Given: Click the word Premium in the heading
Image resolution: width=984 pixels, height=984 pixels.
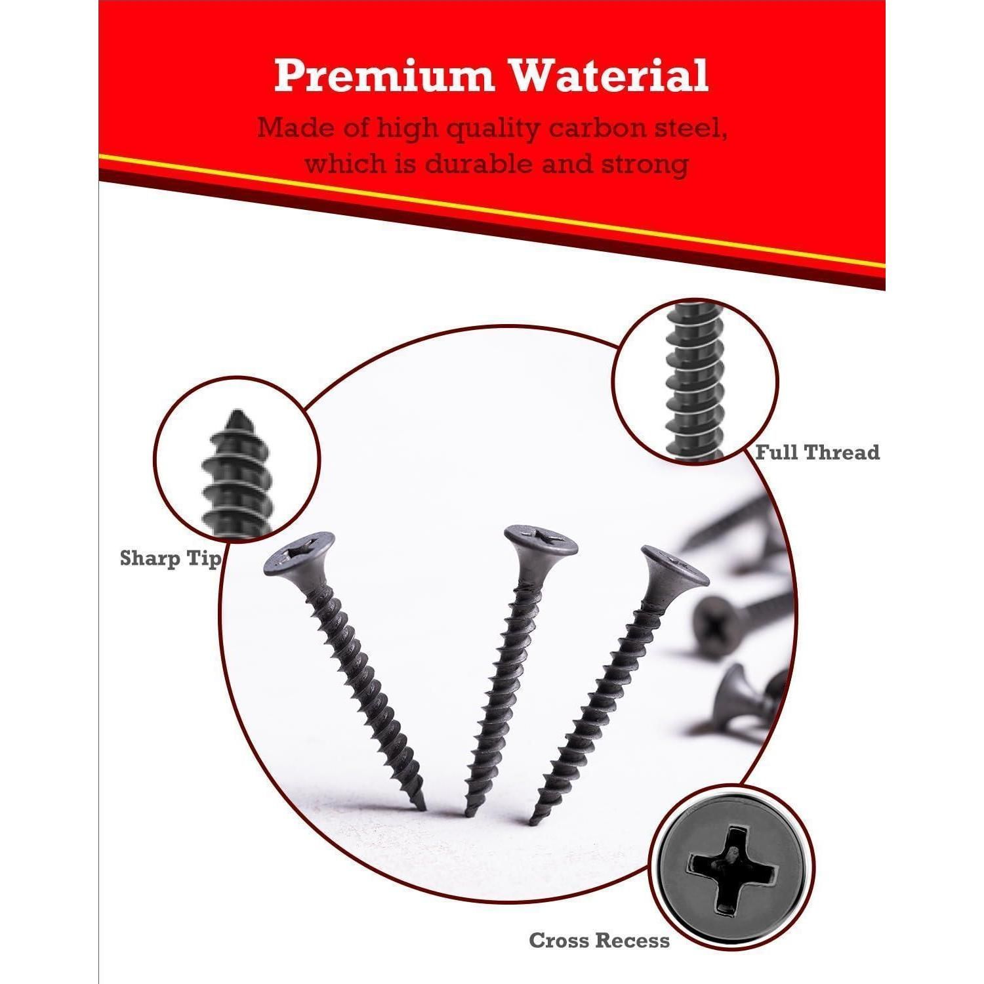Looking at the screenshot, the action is point(384,75).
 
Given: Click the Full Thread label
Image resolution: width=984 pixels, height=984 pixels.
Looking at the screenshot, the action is point(817,452).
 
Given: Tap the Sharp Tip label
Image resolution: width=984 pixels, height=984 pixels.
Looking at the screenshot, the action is point(170,559).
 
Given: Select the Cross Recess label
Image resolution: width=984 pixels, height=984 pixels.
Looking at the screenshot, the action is point(600,940).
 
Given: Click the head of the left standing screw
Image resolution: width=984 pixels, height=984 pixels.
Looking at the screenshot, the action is point(299,555).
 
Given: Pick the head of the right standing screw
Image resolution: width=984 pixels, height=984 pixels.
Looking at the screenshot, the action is point(675,568).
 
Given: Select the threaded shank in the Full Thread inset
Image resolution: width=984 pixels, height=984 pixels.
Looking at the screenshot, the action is point(695,380).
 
